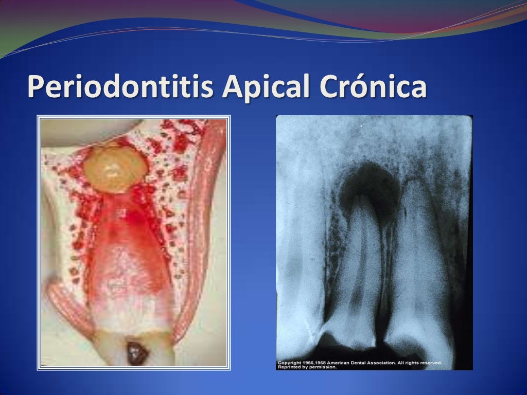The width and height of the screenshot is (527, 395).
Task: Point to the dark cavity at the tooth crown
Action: (136, 353)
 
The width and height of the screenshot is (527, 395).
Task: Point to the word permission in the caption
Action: (324, 367)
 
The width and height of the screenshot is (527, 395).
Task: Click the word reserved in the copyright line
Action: (431, 363)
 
